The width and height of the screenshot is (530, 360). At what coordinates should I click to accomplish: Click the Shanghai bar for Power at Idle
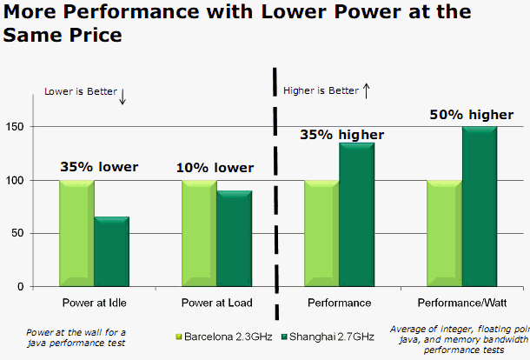point(111,252)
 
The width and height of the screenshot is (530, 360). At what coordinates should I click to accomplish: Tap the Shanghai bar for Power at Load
point(234,239)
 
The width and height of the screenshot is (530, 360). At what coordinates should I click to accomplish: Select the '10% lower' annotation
point(215,168)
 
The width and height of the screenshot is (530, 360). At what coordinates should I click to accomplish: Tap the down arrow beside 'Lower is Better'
point(123,97)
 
